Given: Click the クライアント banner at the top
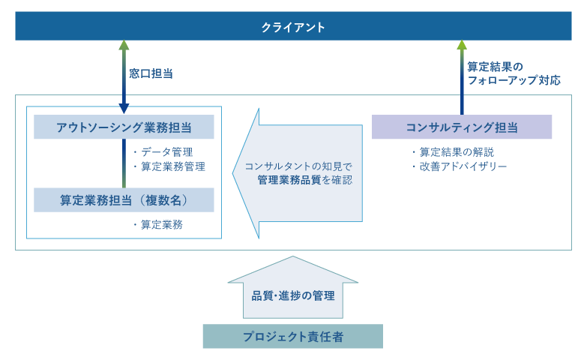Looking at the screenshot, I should click(293, 27).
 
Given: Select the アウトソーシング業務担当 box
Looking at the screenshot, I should click(124, 127).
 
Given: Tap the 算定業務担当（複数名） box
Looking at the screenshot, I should click(124, 200).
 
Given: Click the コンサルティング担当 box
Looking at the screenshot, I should click(462, 127).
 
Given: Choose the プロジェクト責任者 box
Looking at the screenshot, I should click(292, 337).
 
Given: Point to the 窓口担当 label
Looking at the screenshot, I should click(151, 73).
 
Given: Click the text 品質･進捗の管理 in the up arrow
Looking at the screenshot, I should click(293, 295).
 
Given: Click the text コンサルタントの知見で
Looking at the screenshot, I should click(298, 166).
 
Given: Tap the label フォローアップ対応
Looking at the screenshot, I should click(514, 80).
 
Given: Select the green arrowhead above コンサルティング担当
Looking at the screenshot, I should click(462, 45).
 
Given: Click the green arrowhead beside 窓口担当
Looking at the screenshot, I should click(124, 45).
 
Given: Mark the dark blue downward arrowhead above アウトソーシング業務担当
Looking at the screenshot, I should click(124, 109).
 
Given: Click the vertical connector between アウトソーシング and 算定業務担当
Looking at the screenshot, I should click(124, 163).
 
